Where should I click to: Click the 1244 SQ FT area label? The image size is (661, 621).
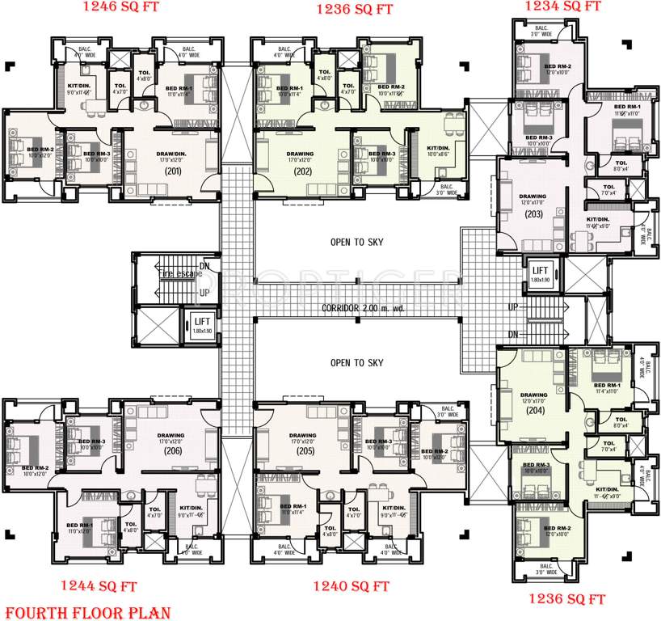click(99, 586)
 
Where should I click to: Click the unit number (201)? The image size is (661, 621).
click(172, 171)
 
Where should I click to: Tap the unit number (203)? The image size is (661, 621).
click(533, 214)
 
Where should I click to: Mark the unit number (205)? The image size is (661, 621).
click(305, 451)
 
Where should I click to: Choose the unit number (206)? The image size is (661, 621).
click(172, 451)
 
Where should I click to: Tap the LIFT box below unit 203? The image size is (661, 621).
click(541, 272)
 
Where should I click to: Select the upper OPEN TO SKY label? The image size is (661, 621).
click(356, 242)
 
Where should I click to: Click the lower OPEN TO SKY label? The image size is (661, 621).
click(356, 363)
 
